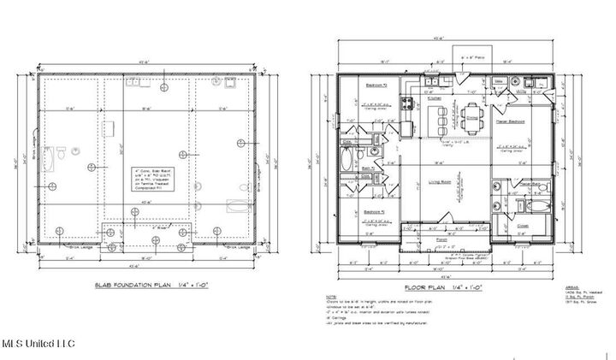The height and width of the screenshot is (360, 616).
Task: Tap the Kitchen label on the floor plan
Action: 435,99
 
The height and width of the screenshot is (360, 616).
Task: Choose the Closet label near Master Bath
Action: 523,225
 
